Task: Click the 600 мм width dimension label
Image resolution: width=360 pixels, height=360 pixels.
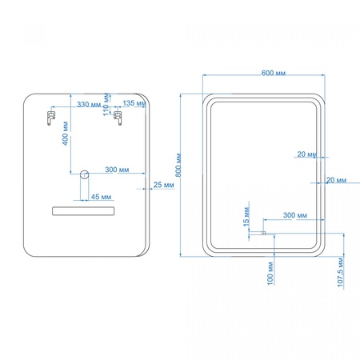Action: click(274, 73)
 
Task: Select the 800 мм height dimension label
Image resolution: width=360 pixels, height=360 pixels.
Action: click(178, 165)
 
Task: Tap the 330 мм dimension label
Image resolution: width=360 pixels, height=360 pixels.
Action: click(89, 104)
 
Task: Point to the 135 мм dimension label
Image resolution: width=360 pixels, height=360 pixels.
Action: click(134, 103)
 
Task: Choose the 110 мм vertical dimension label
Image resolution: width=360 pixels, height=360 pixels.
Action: click(106, 104)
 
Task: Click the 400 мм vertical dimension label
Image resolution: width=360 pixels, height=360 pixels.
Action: click(66, 134)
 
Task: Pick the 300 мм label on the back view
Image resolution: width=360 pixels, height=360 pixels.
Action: click(117, 170)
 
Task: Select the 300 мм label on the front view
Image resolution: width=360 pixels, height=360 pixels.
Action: click(295, 215)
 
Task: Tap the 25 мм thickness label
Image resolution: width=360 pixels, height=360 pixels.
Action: click(163, 185)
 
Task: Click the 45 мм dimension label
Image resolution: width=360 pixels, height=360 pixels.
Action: click(101, 197)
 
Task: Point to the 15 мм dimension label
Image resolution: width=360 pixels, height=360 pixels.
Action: click(246, 217)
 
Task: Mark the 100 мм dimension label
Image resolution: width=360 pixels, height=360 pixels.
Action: click(270, 273)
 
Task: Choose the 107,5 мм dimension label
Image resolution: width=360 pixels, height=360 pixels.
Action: click(341, 272)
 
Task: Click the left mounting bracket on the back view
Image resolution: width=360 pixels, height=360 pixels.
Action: click(51, 118)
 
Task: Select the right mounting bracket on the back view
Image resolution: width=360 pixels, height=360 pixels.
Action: click(118, 118)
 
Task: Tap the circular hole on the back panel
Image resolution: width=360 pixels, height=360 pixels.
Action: click(85, 174)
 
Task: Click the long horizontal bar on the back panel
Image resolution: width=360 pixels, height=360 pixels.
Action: click(83, 211)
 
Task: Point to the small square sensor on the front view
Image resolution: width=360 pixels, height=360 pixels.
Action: click(263, 233)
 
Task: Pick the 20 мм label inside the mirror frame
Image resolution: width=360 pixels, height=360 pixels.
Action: click(307, 154)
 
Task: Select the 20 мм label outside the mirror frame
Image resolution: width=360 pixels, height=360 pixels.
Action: click(336, 180)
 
